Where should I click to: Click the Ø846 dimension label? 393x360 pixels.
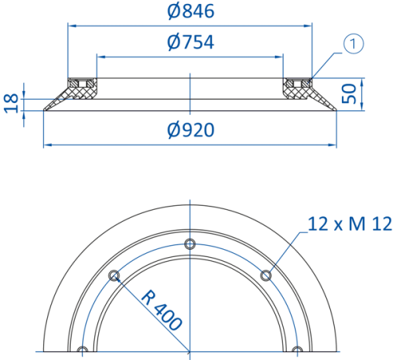click(x=191, y=11)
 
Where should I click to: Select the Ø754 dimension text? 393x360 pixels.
click(x=191, y=42)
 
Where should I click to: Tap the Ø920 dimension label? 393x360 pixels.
click(x=191, y=130)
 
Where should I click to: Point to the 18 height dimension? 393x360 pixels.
click(x=12, y=104)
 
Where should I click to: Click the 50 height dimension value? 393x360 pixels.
click(x=349, y=94)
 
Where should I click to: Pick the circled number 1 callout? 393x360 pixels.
click(x=353, y=44)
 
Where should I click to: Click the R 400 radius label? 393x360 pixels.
click(x=161, y=310)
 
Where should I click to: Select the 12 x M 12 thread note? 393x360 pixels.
click(x=349, y=224)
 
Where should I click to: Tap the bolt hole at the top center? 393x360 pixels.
click(x=190, y=244)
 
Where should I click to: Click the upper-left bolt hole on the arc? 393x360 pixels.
click(x=114, y=275)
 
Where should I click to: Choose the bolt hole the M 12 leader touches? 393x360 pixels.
click(x=266, y=275)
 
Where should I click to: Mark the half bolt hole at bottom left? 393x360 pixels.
click(x=83, y=349)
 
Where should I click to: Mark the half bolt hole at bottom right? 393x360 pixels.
click(x=297, y=349)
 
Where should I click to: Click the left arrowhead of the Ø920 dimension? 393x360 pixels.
click(x=48, y=145)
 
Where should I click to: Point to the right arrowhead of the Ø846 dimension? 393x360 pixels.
click(x=308, y=26)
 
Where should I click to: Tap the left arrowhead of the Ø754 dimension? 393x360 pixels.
click(x=101, y=57)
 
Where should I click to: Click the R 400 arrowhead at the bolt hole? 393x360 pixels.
click(x=118, y=279)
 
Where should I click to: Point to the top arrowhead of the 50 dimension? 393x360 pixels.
click(x=362, y=82)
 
